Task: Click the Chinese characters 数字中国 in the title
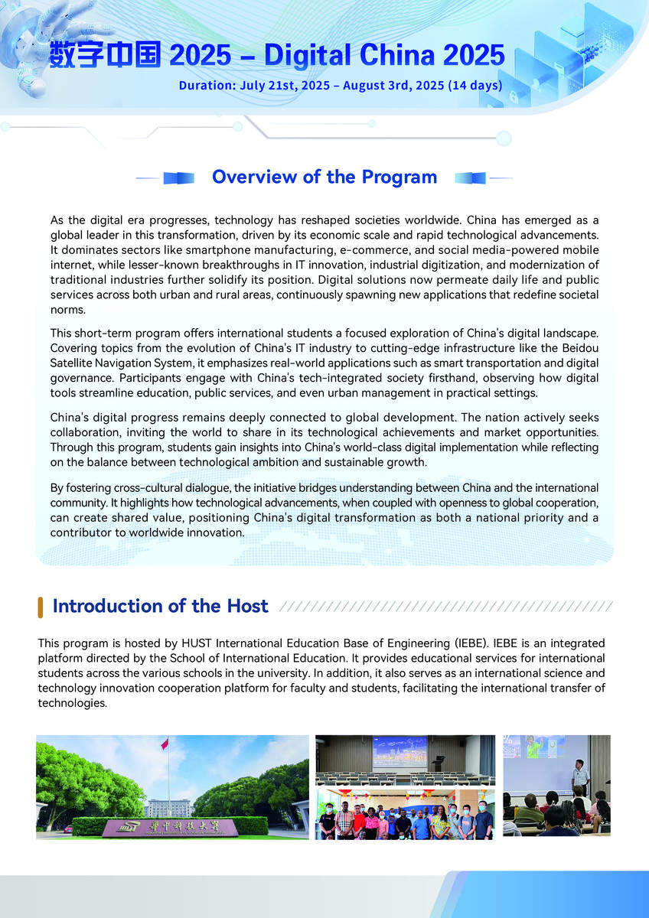pyautogui.click(x=105, y=55)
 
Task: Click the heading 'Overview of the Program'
pyautogui.click(x=324, y=177)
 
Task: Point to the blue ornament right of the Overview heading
pyautogui.click(x=470, y=177)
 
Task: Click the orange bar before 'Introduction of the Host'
pyautogui.click(x=40, y=607)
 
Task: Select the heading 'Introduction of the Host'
pyautogui.click(x=160, y=607)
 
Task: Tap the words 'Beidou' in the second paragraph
pyautogui.click(x=580, y=349)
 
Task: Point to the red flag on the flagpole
pyautogui.click(x=164, y=744)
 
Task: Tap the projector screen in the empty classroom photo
pyautogui.click(x=399, y=751)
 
